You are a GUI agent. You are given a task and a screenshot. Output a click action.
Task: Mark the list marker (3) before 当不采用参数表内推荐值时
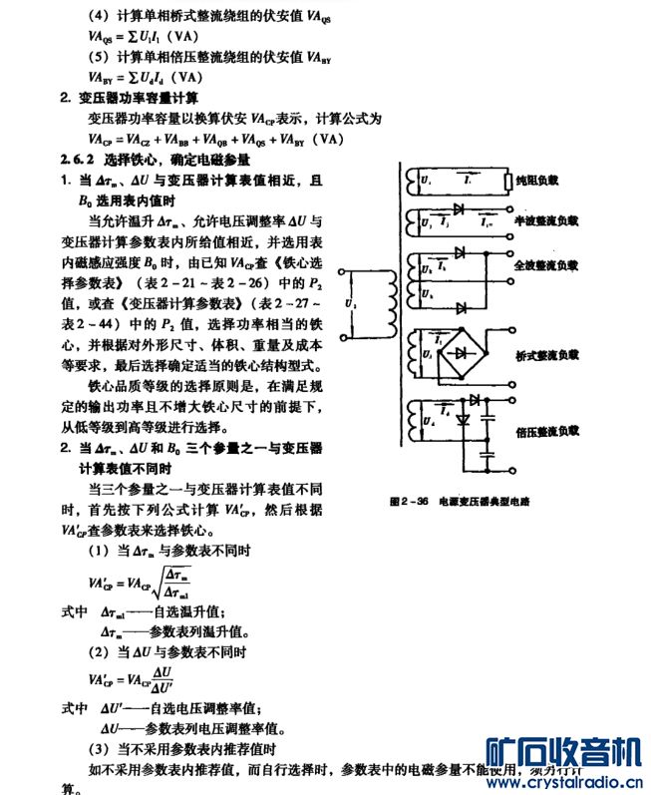pyautogui.click(x=100, y=748)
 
